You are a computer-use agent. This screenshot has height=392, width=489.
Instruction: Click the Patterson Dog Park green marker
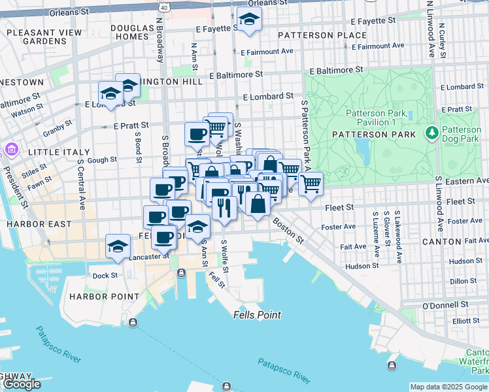point(431,133)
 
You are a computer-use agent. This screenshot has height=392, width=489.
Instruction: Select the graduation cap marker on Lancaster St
point(118,247)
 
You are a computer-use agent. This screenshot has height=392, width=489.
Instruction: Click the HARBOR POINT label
point(105,296)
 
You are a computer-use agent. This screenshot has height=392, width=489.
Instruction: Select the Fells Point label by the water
point(257,315)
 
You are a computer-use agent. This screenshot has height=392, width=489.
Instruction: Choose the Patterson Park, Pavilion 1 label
point(377,118)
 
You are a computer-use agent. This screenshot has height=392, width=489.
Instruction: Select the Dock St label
point(105,275)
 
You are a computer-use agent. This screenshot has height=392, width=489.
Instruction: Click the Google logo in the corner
point(21,384)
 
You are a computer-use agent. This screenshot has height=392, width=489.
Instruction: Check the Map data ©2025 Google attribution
point(448,387)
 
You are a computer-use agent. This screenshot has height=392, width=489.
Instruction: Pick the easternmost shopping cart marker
point(311,184)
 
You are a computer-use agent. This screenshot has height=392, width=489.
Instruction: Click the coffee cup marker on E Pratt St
point(197,135)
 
